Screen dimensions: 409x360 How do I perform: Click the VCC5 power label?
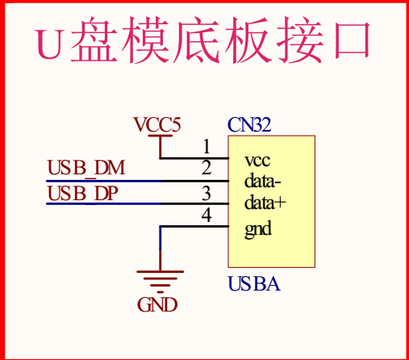pos(157,124)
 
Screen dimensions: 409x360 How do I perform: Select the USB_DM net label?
pos(86,168)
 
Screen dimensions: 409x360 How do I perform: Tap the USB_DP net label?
pos(82,193)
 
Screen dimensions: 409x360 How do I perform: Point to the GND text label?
pos(157,304)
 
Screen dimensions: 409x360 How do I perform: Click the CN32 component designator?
pos(249,124)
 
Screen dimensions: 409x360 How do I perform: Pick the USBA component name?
pos(254,284)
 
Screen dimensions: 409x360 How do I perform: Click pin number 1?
pos(207,147)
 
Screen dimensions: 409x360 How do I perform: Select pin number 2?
pos(207,167)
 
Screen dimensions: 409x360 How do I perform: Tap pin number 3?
pos(207,193)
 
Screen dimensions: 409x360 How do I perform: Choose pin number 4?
pos(207,215)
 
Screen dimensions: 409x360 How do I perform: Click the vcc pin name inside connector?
pos(257,161)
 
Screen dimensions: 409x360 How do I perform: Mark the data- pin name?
pos(263,180)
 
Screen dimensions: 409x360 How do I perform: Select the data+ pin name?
pos(265,202)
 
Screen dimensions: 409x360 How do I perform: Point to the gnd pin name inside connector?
pos(258,229)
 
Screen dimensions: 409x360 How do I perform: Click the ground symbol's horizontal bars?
pos(161,282)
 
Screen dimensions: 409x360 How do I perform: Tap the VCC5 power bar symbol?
pos(161,136)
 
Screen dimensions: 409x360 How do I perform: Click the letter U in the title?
pos(50,44)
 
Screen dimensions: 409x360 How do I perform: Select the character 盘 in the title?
pos(94,40)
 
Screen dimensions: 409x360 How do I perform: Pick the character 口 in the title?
pos(353,40)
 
